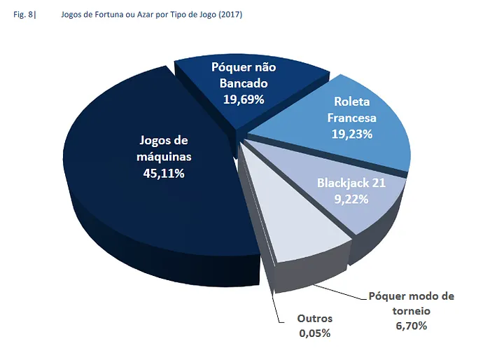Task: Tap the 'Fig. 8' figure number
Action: pyautogui.click(x=23, y=15)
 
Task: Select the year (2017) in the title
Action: pyautogui.click(x=230, y=15)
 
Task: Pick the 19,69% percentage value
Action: pyautogui.click(x=244, y=99)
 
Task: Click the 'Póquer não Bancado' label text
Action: pyautogui.click(x=244, y=76)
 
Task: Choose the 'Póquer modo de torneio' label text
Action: pyautogui.click(x=411, y=303)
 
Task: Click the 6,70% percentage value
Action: pyautogui.click(x=411, y=326)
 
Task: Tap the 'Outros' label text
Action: pyautogui.click(x=314, y=319)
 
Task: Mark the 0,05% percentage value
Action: pyautogui.click(x=314, y=333)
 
